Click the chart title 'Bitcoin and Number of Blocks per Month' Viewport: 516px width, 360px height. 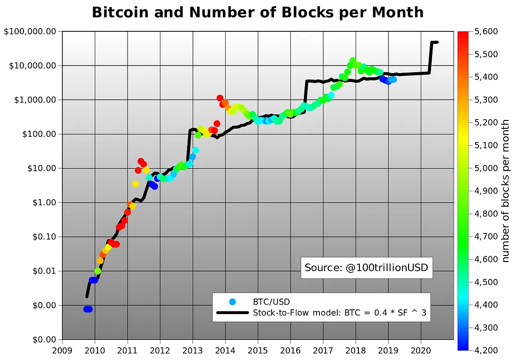pos(258,12)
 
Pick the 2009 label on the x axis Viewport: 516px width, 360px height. pos(62,350)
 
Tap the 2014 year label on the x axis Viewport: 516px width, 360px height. pos(225,350)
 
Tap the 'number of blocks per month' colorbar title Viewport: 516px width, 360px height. pos(506,190)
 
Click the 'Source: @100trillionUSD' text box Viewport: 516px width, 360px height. pos(366,267)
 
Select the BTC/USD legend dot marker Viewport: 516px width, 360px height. pos(232,301)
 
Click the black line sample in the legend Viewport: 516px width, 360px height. pos(232,313)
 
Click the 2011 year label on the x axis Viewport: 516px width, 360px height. pos(128,350)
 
